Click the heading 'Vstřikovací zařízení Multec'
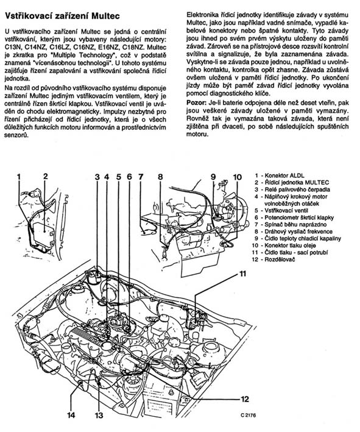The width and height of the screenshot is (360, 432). click(62, 16)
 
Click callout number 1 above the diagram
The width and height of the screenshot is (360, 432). click(19, 177)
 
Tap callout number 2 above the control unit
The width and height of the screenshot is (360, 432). click(46, 176)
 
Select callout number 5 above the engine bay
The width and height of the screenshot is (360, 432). click(118, 177)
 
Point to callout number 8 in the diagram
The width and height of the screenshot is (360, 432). click(160, 177)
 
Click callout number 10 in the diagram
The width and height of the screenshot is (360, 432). click(237, 177)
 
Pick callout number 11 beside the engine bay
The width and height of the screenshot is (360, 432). click(242, 274)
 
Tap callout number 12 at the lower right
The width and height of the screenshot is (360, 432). click(245, 398)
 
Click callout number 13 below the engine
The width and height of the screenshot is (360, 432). click(99, 415)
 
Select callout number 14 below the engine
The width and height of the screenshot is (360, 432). click(71, 415)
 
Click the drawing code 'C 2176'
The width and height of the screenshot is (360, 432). click(248, 415)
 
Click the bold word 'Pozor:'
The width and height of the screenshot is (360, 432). click(196, 103)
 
